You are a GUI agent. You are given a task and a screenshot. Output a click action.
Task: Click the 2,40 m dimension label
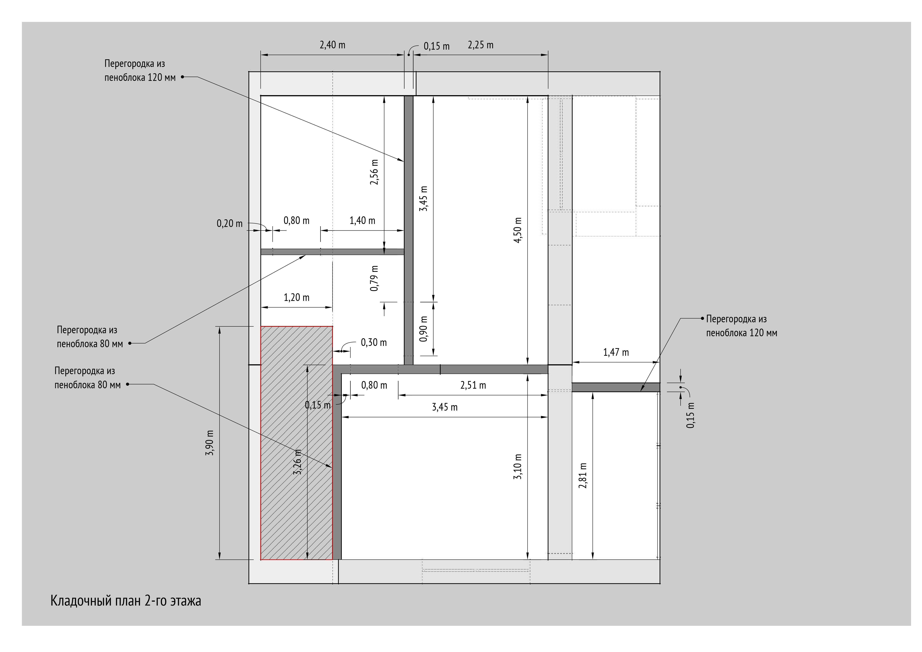332,45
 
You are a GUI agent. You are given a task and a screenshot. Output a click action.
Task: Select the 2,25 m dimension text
481,45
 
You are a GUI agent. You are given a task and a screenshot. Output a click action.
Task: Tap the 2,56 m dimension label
374,172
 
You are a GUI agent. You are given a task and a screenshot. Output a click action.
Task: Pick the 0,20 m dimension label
230,224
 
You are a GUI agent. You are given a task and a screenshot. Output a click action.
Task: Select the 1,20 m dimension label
297,298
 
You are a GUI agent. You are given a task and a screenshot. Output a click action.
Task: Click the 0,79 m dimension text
374,278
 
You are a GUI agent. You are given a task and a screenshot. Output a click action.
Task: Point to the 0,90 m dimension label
424,329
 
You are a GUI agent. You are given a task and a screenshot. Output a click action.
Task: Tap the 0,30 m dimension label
374,343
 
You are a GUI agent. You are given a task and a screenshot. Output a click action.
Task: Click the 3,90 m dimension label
210,443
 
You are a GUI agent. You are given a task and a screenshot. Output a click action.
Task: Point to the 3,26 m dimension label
298,462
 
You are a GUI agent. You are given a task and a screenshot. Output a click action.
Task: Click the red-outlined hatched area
297,443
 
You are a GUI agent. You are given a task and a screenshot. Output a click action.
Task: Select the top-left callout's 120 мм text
162,78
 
